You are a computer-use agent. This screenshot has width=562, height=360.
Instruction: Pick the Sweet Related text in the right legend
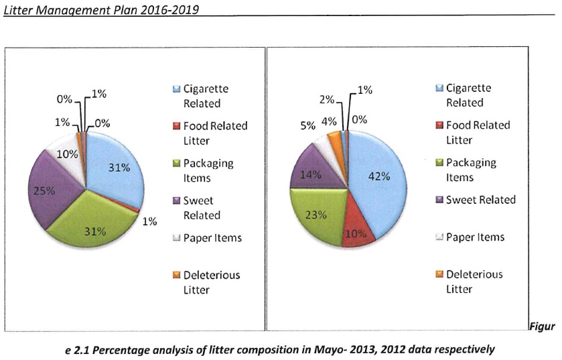tap(481, 200)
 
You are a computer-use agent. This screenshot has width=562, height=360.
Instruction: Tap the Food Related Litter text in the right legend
tap(478, 132)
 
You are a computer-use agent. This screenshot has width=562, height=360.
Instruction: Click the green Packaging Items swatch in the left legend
tap(175, 164)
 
